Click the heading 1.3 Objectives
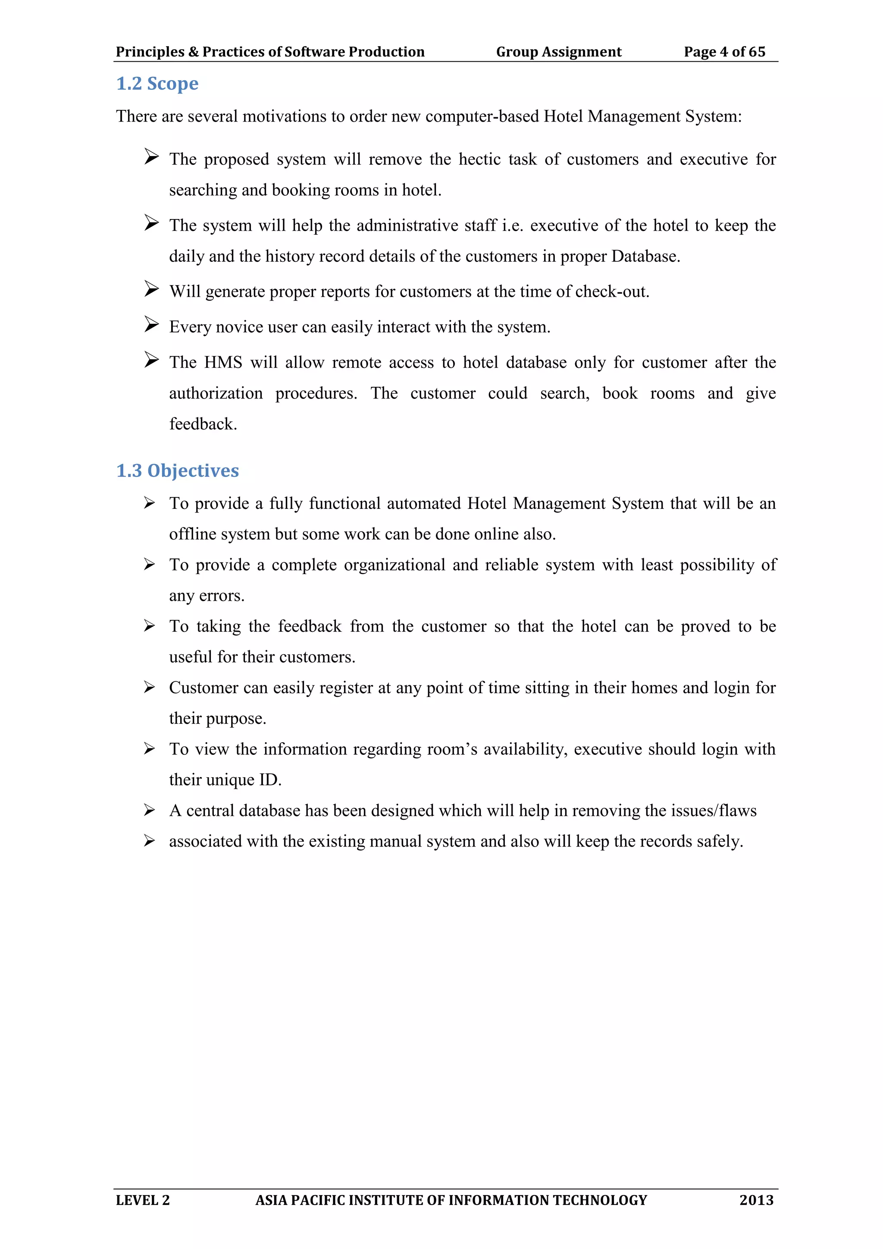177,471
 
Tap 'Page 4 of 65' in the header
724,52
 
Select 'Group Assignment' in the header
558,52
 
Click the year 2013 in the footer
756,1200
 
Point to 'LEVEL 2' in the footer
142,1200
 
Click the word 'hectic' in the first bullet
479,160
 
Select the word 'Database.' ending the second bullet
645,256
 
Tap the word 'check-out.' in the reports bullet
612,292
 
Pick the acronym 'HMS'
223,362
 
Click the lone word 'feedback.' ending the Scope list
203,424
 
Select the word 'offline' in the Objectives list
192,534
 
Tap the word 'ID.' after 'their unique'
270,780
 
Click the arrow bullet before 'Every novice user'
151,325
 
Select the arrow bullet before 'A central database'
150,810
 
